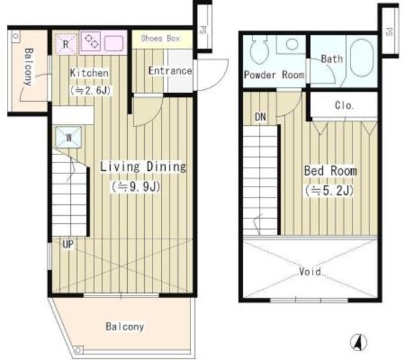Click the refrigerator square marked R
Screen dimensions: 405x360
pos(66,44)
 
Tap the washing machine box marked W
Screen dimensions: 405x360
pos(68,137)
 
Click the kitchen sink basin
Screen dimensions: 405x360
pos(114,43)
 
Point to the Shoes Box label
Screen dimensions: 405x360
pos(160,39)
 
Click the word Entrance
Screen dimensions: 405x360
pos(170,71)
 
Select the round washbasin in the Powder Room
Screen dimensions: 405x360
pos(292,44)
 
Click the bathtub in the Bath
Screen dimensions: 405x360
pos(362,58)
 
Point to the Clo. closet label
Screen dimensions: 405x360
pos(344,106)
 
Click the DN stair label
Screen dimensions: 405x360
pos(260,117)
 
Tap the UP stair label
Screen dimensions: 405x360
pos(68,244)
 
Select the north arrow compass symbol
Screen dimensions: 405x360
pos(358,343)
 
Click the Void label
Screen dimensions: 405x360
pos(310,271)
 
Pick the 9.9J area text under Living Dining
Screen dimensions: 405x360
pos(136,187)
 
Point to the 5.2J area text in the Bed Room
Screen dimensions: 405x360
pos(329,190)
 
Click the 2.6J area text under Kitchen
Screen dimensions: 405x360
pos(90,90)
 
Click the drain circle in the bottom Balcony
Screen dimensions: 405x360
pos(78,351)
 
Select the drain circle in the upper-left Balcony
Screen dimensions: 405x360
pos(15,35)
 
